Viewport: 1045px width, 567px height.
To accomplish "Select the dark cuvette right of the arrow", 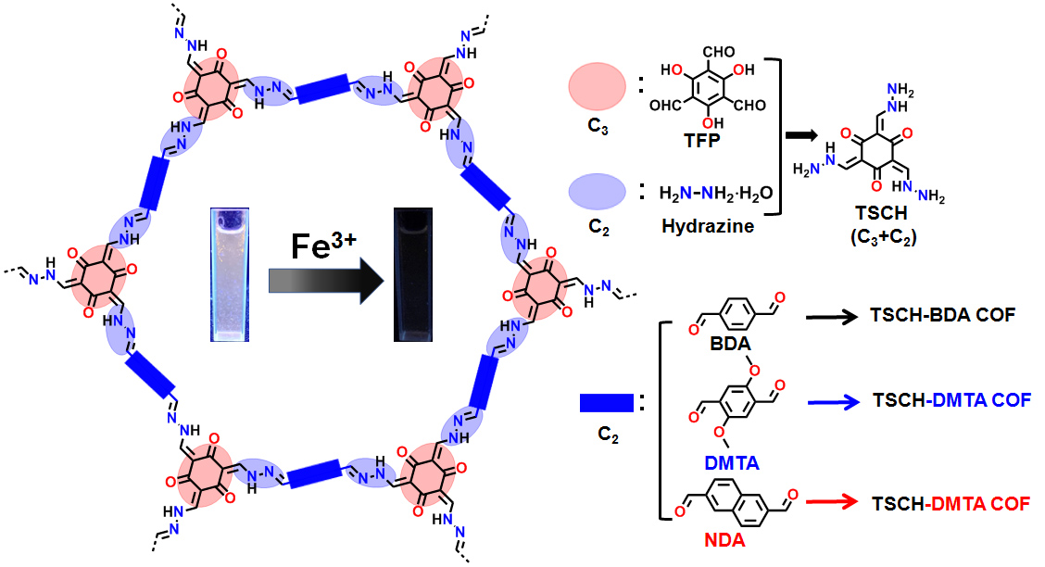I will pos(413,275).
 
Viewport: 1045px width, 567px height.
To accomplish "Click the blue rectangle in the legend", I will pos(606,403).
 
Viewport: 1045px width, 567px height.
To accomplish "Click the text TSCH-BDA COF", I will pos(944,315).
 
